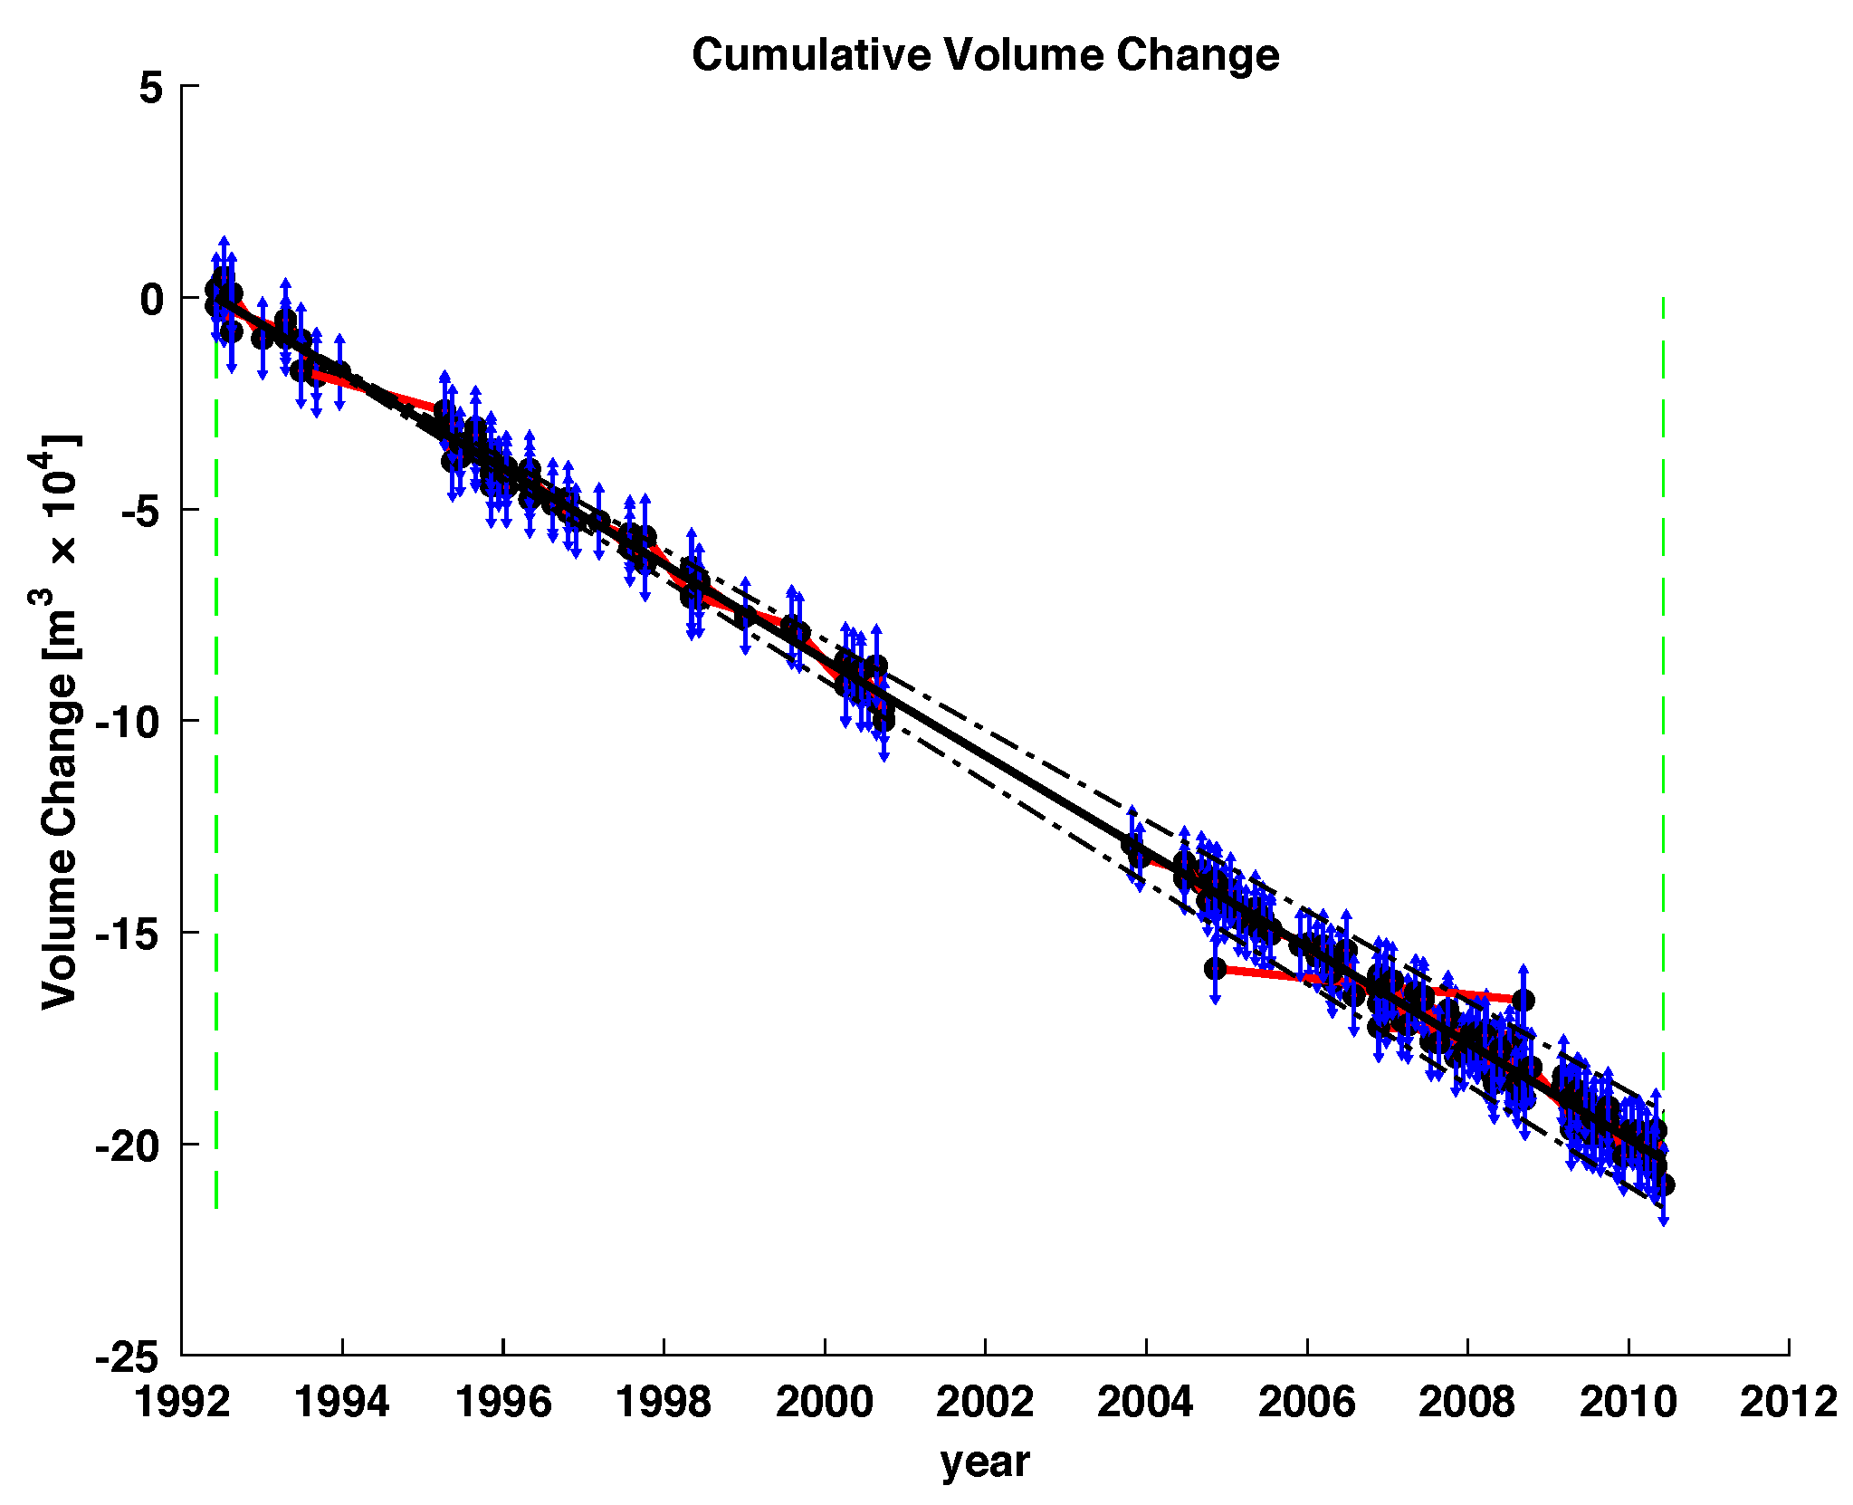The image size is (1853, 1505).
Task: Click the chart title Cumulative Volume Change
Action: (x=985, y=54)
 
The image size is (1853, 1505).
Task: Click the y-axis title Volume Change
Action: (x=59, y=720)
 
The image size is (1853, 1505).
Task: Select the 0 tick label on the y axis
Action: (x=151, y=299)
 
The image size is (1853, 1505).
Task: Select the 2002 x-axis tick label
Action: (x=985, y=1403)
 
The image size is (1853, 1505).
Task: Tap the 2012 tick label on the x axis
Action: (x=1788, y=1403)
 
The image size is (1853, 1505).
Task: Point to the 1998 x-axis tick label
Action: (x=664, y=1403)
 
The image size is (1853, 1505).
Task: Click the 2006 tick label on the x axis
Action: (x=1306, y=1403)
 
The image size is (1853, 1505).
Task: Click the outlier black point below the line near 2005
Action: (x=1215, y=969)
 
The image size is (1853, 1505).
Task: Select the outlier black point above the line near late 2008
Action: (x=1523, y=1000)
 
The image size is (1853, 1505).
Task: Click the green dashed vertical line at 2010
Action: (x=1663, y=634)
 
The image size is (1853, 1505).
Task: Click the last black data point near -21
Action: (x=1664, y=1184)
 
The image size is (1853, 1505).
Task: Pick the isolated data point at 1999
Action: (x=745, y=615)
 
